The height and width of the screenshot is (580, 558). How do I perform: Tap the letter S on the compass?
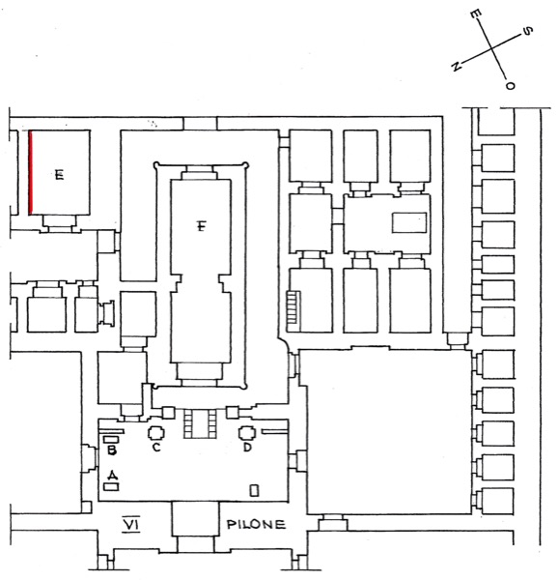click(x=528, y=31)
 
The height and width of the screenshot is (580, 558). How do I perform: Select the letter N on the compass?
click(x=456, y=66)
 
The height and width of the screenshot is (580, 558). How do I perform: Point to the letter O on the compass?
click(x=510, y=85)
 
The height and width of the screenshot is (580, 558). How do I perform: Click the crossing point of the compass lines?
click(x=491, y=48)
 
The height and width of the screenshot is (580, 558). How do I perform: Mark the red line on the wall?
click(x=31, y=172)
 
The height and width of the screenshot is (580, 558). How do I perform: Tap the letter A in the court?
click(x=113, y=474)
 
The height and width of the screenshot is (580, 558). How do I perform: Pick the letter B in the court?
click(x=112, y=450)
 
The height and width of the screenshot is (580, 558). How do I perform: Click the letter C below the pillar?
click(x=156, y=447)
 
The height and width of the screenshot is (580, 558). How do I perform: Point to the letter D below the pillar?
click(x=247, y=447)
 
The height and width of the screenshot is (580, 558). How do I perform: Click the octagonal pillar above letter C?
click(x=156, y=432)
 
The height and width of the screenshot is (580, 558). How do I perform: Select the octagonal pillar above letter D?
click(x=247, y=432)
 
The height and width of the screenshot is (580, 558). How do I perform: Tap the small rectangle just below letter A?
click(x=111, y=487)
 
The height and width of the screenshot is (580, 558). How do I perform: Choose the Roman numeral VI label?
click(x=131, y=525)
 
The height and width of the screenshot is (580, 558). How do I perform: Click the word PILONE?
click(x=256, y=524)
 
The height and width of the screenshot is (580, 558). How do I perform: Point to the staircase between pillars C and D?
click(x=200, y=423)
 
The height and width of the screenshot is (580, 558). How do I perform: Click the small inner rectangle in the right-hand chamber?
click(x=409, y=222)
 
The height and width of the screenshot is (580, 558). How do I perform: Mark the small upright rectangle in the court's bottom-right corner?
click(x=255, y=490)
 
